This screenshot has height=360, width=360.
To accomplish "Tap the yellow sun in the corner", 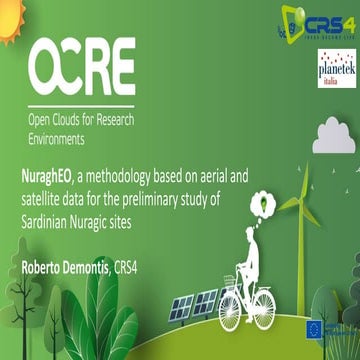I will point(9,12).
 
